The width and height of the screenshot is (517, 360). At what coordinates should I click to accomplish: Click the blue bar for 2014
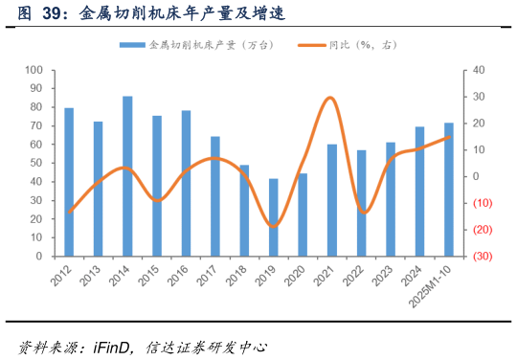click(127, 176)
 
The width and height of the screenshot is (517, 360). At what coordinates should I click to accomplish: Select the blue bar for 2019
click(274, 217)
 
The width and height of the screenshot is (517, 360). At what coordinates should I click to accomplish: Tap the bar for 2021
click(331, 200)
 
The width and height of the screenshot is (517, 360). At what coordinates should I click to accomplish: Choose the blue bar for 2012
click(69, 182)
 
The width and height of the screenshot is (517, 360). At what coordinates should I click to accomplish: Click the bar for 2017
click(215, 196)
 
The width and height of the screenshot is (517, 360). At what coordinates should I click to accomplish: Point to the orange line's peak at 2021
click(330, 97)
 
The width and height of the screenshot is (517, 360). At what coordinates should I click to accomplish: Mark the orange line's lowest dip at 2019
click(274, 227)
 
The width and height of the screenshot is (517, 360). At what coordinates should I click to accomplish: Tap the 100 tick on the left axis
click(34, 70)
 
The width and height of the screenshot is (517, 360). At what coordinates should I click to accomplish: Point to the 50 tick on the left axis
click(36, 164)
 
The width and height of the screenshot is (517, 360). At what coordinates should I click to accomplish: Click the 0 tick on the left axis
click(39, 257)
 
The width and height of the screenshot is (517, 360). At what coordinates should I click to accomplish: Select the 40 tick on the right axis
click(478, 70)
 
